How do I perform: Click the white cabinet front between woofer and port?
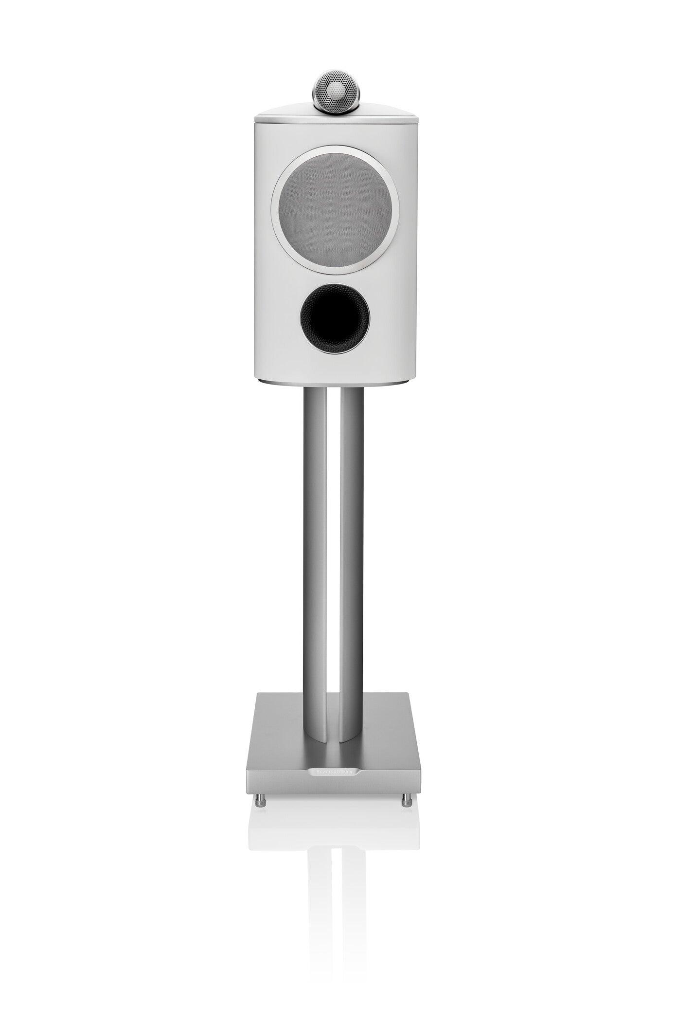335,275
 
